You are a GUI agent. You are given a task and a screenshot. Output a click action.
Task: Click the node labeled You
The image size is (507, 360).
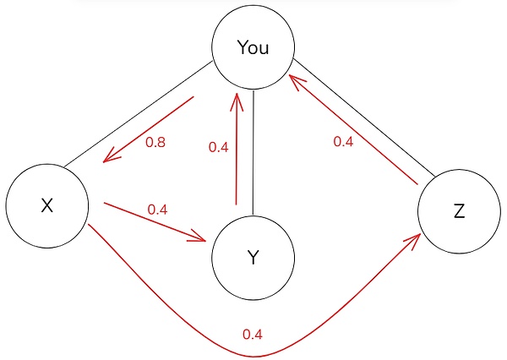click(x=253, y=48)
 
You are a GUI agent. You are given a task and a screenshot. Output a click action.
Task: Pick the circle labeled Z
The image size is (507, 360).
click(x=459, y=212)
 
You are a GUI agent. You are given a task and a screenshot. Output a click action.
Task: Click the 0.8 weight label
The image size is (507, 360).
click(x=155, y=143)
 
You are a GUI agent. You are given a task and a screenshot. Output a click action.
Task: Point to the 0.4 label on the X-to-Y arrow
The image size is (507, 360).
click(x=157, y=209)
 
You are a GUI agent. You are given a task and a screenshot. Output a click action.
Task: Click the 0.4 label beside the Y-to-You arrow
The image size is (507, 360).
click(x=218, y=147)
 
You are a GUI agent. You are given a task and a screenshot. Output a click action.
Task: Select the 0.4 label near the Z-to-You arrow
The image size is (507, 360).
click(x=343, y=142)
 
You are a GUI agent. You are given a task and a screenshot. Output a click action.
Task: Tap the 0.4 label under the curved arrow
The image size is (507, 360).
click(x=252, y=335)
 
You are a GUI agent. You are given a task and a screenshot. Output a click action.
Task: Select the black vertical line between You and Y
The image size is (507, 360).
click(x=253, y=152)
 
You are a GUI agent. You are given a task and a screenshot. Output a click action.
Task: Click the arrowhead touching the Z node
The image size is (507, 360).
click(x=413, y=242)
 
